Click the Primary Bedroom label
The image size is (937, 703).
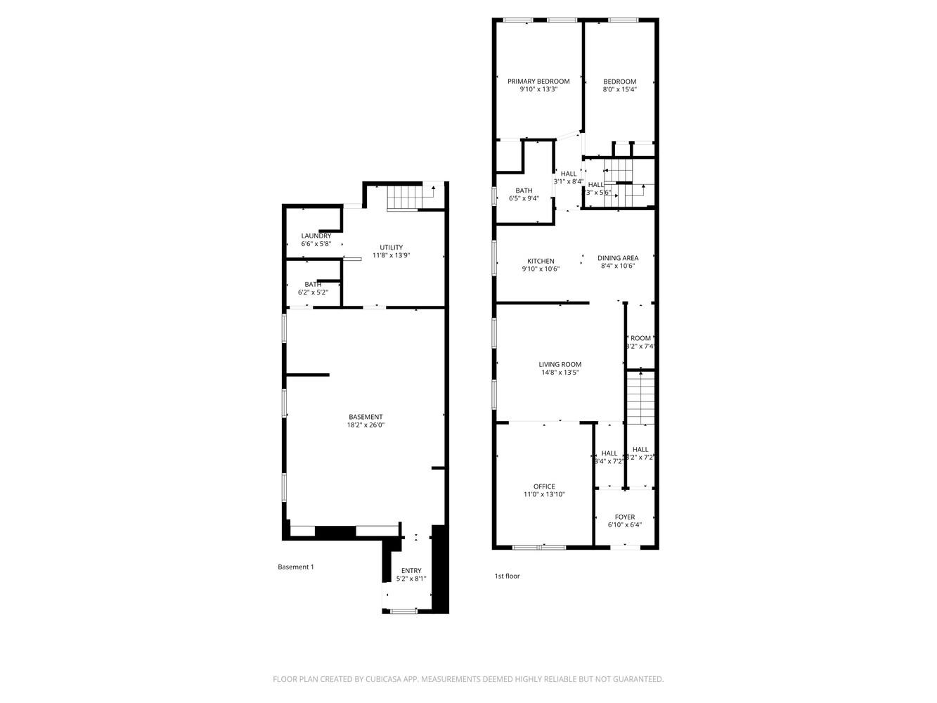tap(538, 82)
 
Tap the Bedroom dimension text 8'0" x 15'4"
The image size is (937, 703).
tap(619, 90)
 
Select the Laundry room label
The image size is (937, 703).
tap(316, 236)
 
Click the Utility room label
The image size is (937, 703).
tap(391, 247)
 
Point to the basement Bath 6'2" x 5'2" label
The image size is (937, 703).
tap(313, 285)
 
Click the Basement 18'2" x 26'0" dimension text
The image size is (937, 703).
tap(366, 425)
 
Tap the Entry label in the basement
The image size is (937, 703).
tap(411, 571)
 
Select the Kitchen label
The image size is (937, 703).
tap(541, 262)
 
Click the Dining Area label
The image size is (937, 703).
tap(618, 258)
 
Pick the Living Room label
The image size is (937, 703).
tap(560, 365)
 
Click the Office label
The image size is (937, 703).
tap(544, 486)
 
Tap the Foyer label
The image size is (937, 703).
tap(624, 517)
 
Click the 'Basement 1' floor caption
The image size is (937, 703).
tap(295, 567)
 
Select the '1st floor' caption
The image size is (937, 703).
tap(507, 576)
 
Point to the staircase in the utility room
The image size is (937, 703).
tap(403, 198)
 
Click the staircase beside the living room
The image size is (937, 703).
tap(640, 398)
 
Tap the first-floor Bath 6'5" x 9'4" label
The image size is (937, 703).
tap(524, 191)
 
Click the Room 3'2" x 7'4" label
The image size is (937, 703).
tap(640, 338)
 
